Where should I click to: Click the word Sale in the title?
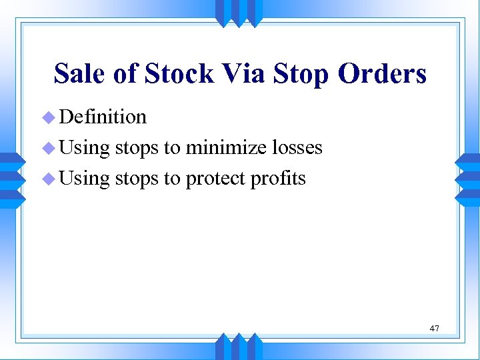click(79, 73)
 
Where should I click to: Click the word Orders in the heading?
click(382, 73)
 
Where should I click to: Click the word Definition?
click(103, 117)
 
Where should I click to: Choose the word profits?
click(279, 179)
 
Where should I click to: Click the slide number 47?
click(435, 328)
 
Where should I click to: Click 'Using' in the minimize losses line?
click(84, 148)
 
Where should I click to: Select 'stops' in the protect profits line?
click(137, 179)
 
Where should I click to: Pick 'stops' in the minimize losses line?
click(137, 147)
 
